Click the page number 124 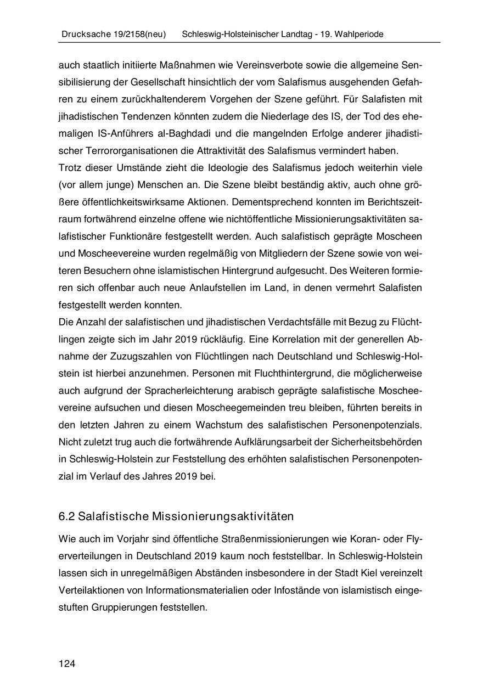(66, 664)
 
